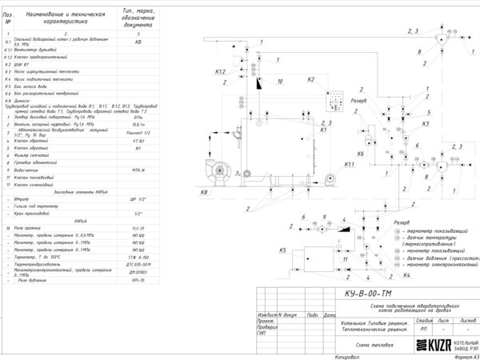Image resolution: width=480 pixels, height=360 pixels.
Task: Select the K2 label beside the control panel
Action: tap(311, 80)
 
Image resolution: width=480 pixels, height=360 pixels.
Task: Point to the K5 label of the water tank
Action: tap(282, 250)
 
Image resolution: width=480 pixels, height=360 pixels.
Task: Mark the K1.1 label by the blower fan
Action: tap(349, 164)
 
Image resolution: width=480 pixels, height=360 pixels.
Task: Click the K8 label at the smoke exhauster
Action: tap(203, 192)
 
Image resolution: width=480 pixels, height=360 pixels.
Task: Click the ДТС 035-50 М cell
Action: tap(138, 262)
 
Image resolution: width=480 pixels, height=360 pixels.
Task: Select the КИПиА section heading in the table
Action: tap(80, 219)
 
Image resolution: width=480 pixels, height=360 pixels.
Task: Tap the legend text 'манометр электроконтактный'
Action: tap(437, 264)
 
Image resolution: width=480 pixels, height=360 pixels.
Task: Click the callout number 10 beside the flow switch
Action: tap(279, 81)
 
